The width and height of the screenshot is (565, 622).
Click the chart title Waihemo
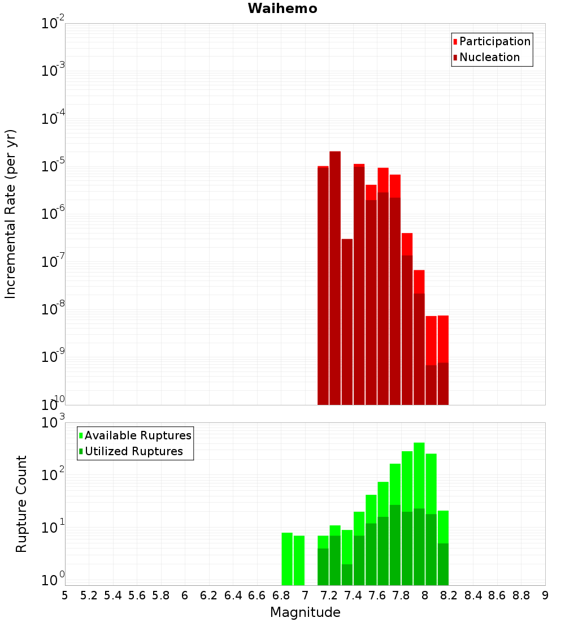click(282, 9)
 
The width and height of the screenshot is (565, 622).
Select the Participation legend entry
click(495, 41)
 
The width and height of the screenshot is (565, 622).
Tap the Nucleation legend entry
click(489, 57)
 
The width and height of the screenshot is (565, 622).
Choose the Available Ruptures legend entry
click(138, 435)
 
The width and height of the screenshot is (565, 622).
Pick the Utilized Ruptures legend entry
click(134, 451)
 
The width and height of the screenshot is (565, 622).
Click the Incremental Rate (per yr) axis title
click(11, 214)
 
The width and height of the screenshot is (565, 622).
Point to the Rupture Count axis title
click(21, 504)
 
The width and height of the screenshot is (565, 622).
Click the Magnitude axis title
click(305, 612)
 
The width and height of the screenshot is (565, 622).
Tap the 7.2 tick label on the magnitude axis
click(329, 595)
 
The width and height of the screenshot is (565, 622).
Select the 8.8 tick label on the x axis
click(521, 595)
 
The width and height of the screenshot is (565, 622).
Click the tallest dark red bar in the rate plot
click(335, 277)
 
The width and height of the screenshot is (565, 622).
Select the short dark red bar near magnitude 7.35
click(347, 322)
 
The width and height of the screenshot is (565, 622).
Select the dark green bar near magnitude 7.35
click(347, 574)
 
